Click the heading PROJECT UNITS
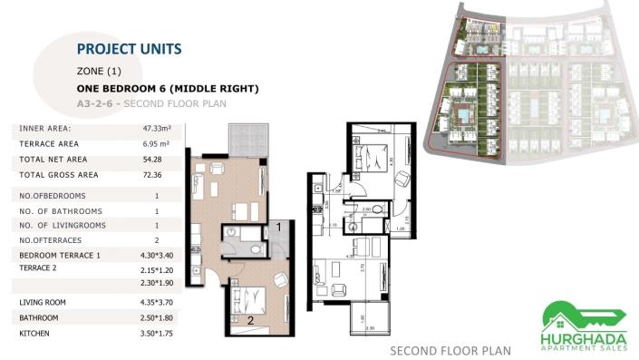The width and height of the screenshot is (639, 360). [x=130, y=49]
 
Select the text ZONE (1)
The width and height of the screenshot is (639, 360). [x=99, y=71]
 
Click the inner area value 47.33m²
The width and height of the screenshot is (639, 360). [x=158, y=129]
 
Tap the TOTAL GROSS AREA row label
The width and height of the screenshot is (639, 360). [x=59, y=174]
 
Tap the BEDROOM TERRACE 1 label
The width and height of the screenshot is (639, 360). [x=60, y=257]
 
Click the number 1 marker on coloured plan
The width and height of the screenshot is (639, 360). [x=281, y=227]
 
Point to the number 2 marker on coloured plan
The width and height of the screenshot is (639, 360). [x=250, y=320]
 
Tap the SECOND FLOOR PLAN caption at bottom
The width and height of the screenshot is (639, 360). [x=450, y=350]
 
